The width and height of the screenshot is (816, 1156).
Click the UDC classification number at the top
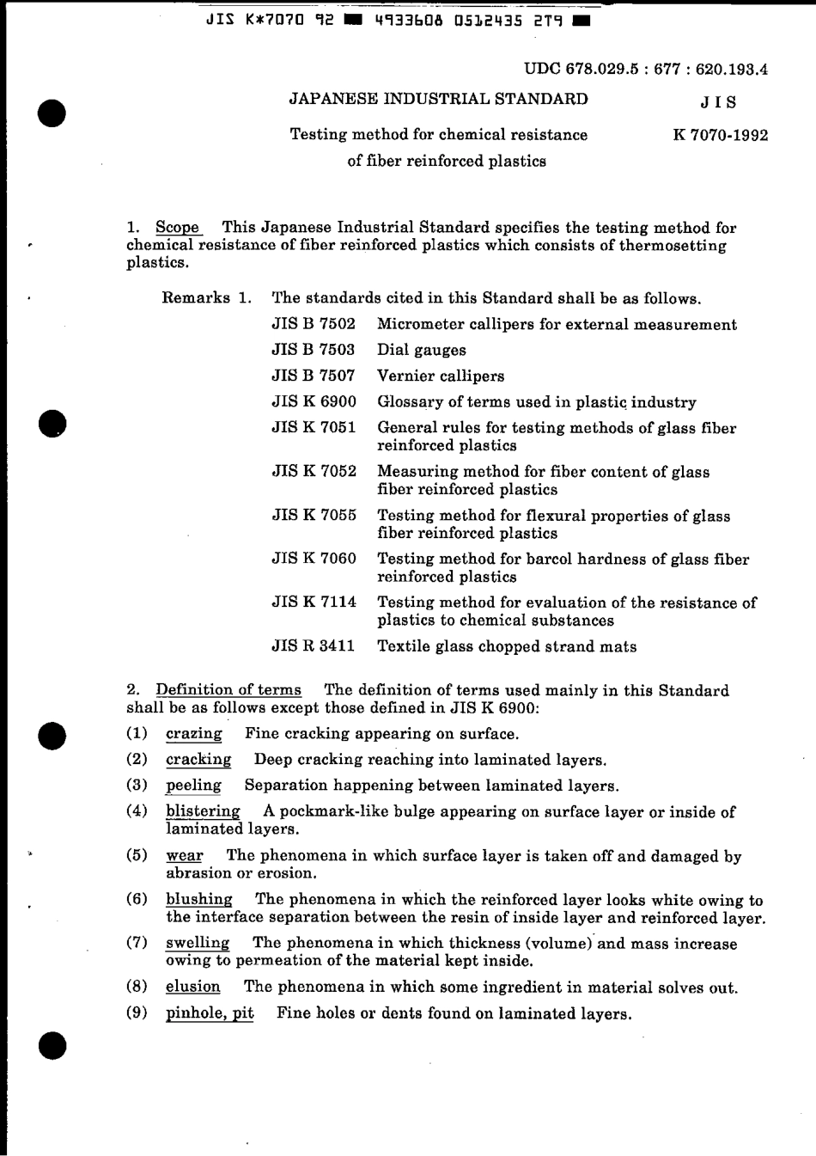pos(645,70)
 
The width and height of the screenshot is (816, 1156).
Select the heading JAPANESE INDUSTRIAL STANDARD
pos(438,99)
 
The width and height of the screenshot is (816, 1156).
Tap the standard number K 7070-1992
pos(721,135)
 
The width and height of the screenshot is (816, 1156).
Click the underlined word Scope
pos(178,228)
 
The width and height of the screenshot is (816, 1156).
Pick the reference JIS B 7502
pos(314,324)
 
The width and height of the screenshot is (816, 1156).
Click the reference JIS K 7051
pos(314,427)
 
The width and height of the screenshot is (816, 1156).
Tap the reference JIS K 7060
pos(314,559)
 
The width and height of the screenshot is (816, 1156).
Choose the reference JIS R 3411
pos(314,646)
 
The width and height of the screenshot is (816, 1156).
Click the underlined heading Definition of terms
pos(228,690)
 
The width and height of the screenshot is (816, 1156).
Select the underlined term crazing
pos(194,734)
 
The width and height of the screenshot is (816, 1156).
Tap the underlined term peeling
pos(193,786)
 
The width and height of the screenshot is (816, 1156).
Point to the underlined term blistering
pos(203,811)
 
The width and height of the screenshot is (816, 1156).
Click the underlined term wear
pos(185,856)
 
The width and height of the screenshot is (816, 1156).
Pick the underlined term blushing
pos(199,900)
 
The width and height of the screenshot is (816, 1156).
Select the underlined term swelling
pos(198,944)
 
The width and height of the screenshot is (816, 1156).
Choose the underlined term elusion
pos(193,988)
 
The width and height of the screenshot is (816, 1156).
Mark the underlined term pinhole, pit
pos(210,1013)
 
